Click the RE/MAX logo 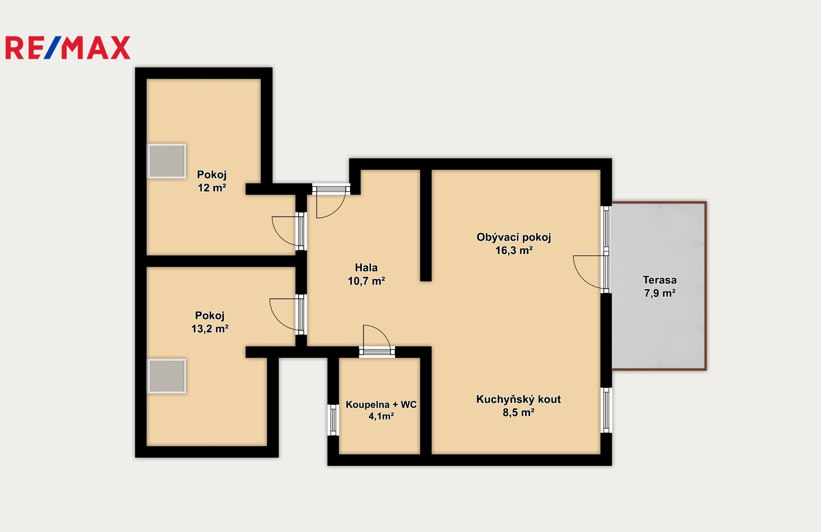(x=68, y=48)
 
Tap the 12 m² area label (x=212, y=188)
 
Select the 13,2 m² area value (x=210, y=329)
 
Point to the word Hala (x=366, y=267)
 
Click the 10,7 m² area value (x=366, y=281)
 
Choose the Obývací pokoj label (x=514, y=238)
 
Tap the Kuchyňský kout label (x=518, y=399)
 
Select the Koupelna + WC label (x=381, y=404)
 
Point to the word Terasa (x=660, y=280)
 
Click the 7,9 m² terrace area (x=660, y=293)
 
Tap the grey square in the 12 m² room (x=166, y=161)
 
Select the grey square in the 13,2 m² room (x=166, y=376)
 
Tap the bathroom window (x=333, y=420)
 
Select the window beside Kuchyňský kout (x=606, y=410)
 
